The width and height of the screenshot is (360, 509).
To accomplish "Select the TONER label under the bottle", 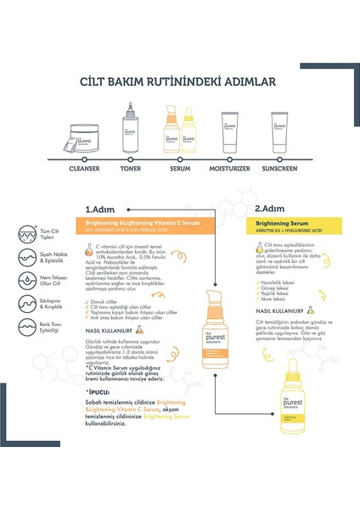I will [131, 168].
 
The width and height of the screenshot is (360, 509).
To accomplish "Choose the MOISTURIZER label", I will [228, 168].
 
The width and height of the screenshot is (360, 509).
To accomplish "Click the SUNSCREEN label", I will [281, 168].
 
